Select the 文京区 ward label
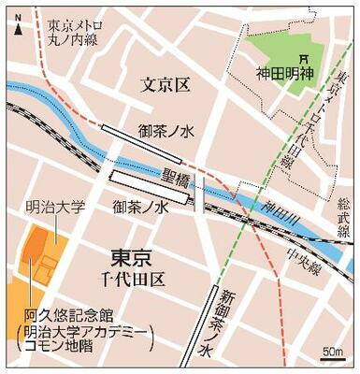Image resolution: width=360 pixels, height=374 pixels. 165,87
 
